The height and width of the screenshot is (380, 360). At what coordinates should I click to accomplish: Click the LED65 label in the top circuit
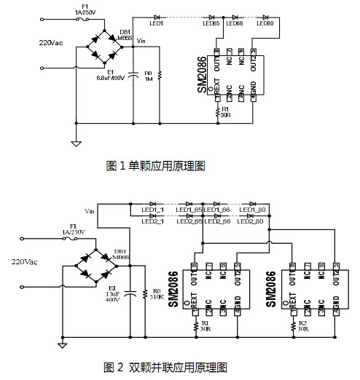(x=211, y=24)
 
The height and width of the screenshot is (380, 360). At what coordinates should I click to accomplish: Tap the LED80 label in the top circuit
(x=265, y=24)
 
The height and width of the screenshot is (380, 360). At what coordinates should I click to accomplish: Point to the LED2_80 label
(x=251, y=221)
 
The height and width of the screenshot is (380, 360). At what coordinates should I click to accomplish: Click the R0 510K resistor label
(x=154, y=293)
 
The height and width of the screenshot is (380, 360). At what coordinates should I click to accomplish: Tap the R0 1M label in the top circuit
(x=148, y=76)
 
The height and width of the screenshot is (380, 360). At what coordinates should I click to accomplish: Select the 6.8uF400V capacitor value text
(x=111, y=77)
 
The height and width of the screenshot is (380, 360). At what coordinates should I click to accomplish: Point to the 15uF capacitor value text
(x=112, y=293)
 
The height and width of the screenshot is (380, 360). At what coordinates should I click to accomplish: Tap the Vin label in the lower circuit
(x=90, y=211)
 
